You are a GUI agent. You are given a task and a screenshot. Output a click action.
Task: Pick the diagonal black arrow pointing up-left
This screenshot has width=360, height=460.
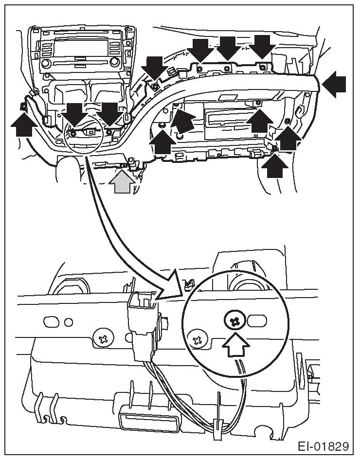(x=186, y=119)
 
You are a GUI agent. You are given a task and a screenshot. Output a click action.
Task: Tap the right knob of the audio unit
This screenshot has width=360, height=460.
(x=115, y=62)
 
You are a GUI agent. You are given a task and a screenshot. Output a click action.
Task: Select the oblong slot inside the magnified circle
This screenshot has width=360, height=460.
(x=257, y=321)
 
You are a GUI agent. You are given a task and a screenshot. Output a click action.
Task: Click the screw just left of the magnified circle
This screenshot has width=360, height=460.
(x=197, y=339)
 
